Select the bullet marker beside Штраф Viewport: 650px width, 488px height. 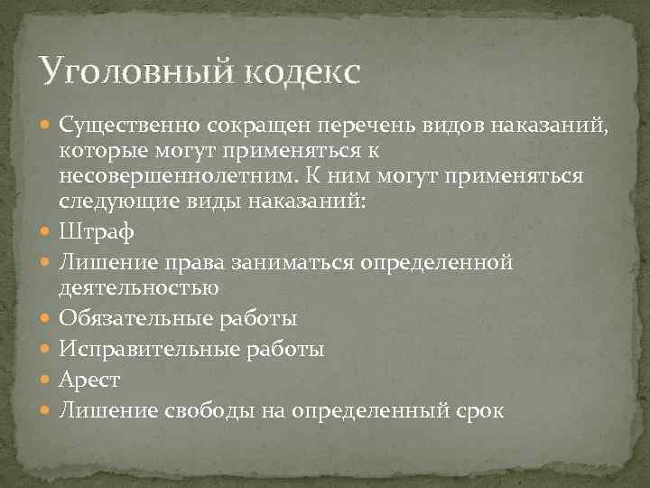tap(47, 232)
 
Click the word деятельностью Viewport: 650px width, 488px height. tap(139, 288)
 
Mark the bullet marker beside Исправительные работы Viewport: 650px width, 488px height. tap(47, 349)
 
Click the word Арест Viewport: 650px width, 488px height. tap(89, 380)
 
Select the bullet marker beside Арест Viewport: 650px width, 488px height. tap(47, 380)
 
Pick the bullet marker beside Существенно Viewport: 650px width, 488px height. tap(47, 124)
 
